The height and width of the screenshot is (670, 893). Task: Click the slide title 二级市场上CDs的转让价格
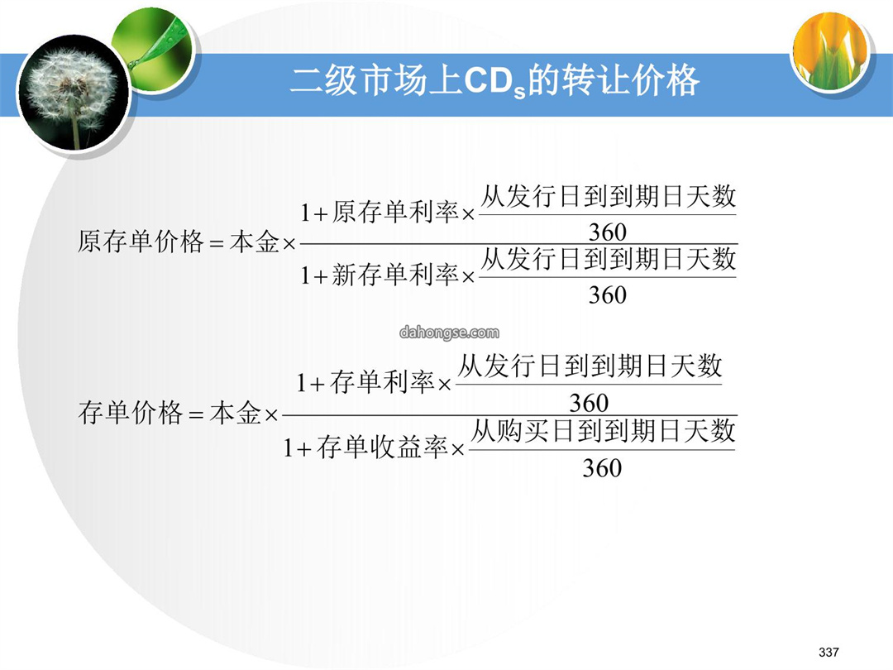(494, 81)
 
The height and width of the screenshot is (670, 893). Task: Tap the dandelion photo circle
(73, 93)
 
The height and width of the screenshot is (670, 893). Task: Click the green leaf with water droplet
(154, 49)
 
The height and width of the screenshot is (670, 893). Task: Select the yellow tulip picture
(832, 51)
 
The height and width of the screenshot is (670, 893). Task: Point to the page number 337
(829, 652)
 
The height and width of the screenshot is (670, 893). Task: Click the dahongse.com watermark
(449, 333)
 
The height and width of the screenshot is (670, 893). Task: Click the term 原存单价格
(141, 242)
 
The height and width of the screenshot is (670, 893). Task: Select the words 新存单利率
(395, 275)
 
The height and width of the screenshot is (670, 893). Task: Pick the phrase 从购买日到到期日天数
(603, 431)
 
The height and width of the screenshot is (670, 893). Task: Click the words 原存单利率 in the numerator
(395, 213)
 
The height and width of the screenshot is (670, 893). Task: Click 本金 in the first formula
(255, 242)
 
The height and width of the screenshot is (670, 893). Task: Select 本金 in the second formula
(235, 413)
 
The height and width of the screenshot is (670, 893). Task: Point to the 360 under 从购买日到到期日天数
(602, 468)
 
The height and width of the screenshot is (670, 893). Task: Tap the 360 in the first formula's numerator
(608, 232)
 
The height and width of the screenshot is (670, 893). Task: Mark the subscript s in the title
(519, 93)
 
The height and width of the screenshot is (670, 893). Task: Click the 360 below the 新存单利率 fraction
(608, 295)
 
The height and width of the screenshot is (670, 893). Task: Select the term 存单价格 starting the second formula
(131, 413)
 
